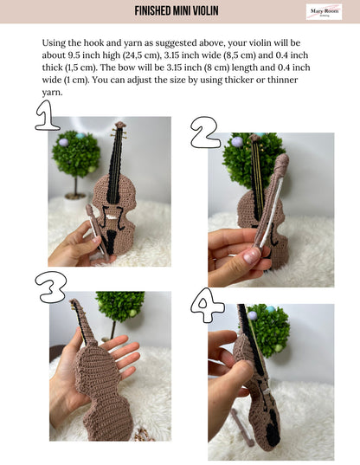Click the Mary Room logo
point(324,12)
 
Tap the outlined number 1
point(47,115)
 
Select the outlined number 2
point(205,132)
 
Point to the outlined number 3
point(51,287)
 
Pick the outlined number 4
point(207,305)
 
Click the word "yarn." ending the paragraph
point(52,93)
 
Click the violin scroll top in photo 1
point(120,125)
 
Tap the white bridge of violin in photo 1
point(112,217)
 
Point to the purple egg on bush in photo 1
point(63,142)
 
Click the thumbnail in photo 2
point(252,256)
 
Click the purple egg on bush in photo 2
point(237,142)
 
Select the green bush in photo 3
point(120,306)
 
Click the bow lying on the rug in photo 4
point(242,427)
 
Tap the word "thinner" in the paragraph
point(282,80)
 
